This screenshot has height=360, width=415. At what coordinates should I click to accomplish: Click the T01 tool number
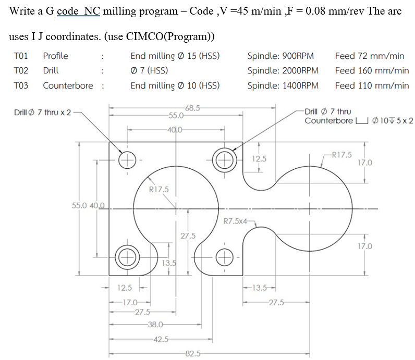[x=21, y=56]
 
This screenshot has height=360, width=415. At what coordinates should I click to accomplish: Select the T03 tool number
[x=21, y=85]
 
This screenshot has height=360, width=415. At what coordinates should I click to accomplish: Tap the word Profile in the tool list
[x=55, y=56]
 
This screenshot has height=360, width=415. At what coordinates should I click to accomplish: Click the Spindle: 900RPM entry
[x=280, y=56]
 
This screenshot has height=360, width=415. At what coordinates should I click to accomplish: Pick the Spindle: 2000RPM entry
[x=283, y=70]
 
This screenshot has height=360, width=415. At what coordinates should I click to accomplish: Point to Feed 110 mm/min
[x=372, y=85]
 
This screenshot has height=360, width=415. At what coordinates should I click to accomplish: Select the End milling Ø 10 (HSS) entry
[x=175, y=85]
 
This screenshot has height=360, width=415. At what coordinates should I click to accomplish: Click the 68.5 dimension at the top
[x=192, y=108]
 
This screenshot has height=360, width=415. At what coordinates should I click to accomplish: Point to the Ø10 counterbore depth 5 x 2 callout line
[x=359, y=121]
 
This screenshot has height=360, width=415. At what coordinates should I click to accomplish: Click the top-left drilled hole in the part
[x=127, y=159]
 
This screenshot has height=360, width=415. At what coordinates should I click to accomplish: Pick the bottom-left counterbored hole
[x=127, y=256]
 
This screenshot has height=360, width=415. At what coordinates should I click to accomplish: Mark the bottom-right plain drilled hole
[x=225, y=256]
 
